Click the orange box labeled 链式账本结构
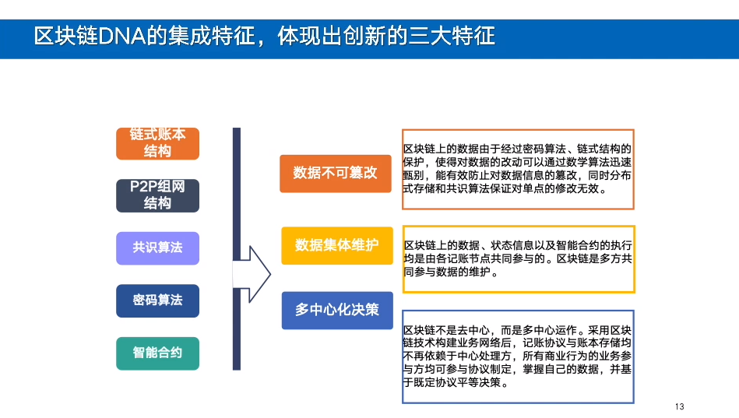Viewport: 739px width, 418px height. click(157, 143)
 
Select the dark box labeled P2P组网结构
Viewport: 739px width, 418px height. click(157, 195)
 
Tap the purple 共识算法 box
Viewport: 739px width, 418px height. click(157, 248)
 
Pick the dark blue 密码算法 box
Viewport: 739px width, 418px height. click(157, 300)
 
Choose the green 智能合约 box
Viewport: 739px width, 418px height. click(157, 353)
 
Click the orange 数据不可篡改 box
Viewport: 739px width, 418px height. click(336, 173)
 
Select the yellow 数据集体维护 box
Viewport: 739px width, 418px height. click(336, 245)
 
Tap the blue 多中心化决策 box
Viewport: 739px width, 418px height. click(336, 309)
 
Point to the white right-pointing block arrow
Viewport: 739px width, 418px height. click(254, 275)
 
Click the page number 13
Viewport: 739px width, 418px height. click(679, 407)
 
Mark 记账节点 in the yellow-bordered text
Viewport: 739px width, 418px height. click(469, 258)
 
